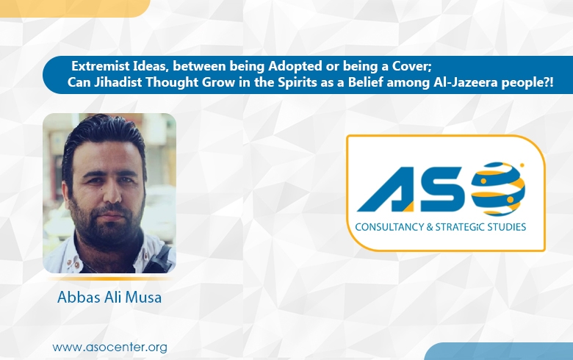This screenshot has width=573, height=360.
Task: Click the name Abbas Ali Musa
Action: [x=109, y=298]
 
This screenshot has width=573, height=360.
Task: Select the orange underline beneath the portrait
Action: [x=109, y=279]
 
